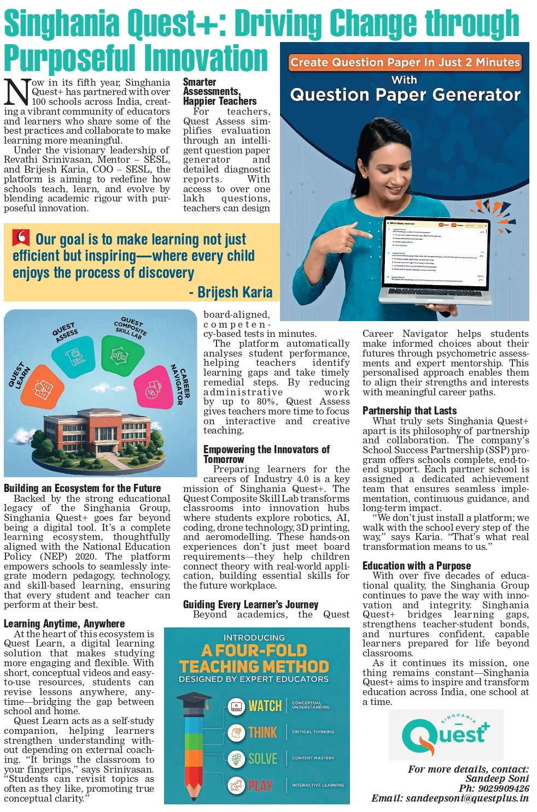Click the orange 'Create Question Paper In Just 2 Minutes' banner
405,62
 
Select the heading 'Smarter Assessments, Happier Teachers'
219,92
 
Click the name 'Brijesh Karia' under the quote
235,293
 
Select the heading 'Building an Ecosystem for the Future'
83,488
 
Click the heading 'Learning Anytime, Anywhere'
64,624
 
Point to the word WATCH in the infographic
265,706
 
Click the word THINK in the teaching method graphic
262,732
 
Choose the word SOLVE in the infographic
262,758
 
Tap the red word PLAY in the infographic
260,786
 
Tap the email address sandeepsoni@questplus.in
467,798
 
